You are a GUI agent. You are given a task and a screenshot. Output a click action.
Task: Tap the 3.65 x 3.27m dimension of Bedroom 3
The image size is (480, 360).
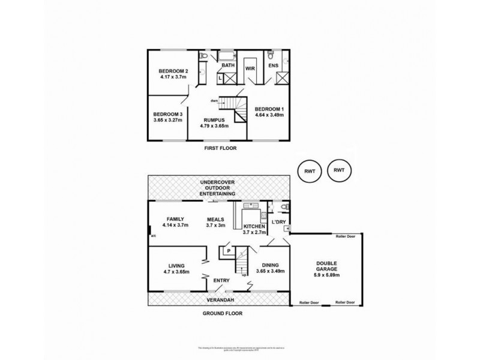point(168,121)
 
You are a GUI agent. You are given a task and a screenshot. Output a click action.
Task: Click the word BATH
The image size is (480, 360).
point(229,65)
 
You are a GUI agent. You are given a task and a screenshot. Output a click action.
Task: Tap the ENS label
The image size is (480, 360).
point(273,65)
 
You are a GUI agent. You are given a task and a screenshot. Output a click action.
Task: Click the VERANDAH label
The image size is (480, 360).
point(220,299)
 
